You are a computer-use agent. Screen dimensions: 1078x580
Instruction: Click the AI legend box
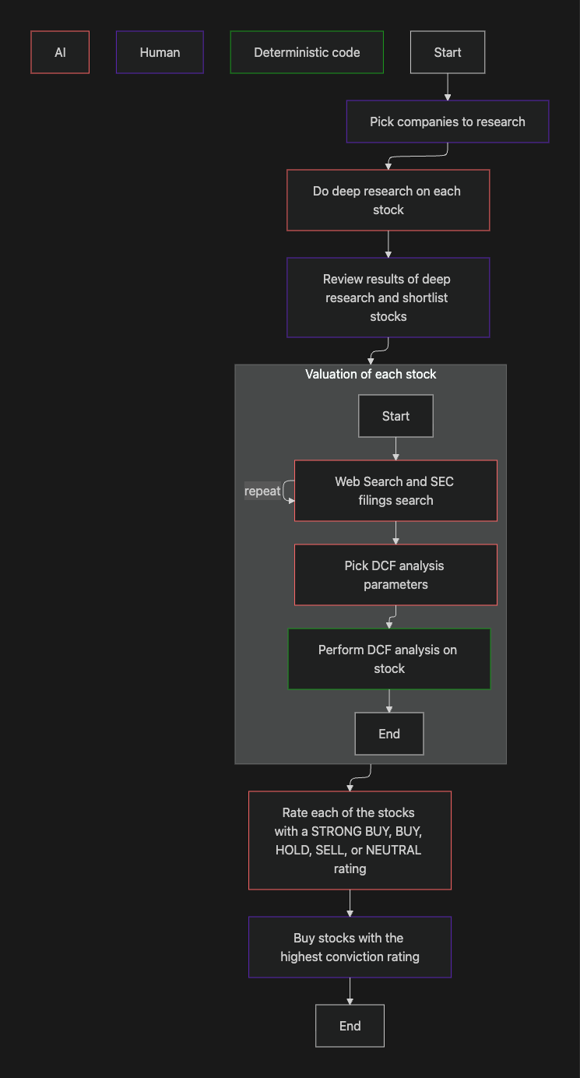click(x=60, y=52)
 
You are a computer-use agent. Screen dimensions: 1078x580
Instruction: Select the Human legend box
click(x=160, y=52)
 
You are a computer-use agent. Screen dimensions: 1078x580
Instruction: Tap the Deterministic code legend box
click(x=307, y=52)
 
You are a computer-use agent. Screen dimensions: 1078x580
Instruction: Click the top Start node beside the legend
click(x=448, y=52)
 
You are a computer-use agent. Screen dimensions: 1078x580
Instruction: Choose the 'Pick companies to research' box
click(x=448, y=122)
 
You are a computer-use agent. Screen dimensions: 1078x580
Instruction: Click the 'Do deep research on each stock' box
click(x=388, y=200)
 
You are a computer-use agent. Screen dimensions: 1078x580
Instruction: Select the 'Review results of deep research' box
click(x=388, y=298)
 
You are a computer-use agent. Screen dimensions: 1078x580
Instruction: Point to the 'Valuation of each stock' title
click(x=371, y=375)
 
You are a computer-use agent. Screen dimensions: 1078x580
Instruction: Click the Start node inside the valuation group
click(x=395, y=416)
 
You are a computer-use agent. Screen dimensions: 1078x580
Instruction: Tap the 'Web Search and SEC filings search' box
click(x=395, y=491)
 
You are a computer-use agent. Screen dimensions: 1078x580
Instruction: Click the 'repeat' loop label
click(x=262, y=491)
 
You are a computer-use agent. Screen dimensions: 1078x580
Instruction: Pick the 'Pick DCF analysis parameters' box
click(x=395, y=575)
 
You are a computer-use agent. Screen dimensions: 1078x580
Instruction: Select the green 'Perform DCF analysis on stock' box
click(x=388, y=659)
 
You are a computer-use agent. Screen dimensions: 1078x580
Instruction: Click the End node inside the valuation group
click(x=388, y=734)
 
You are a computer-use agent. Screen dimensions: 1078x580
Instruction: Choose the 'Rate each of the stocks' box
click(x=350, y=840)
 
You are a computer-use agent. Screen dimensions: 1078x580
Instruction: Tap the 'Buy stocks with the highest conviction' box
click(x=350, y=947)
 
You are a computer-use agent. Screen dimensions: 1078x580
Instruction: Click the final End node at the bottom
click(x=350, y=1026)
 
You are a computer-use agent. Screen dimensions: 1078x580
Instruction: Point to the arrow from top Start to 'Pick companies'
click(x=448, y=86)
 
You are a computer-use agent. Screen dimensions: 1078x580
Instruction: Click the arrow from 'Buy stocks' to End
click(x=350, y=991)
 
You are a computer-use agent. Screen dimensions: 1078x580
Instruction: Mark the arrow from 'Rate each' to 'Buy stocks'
click(x=350, y=903)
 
